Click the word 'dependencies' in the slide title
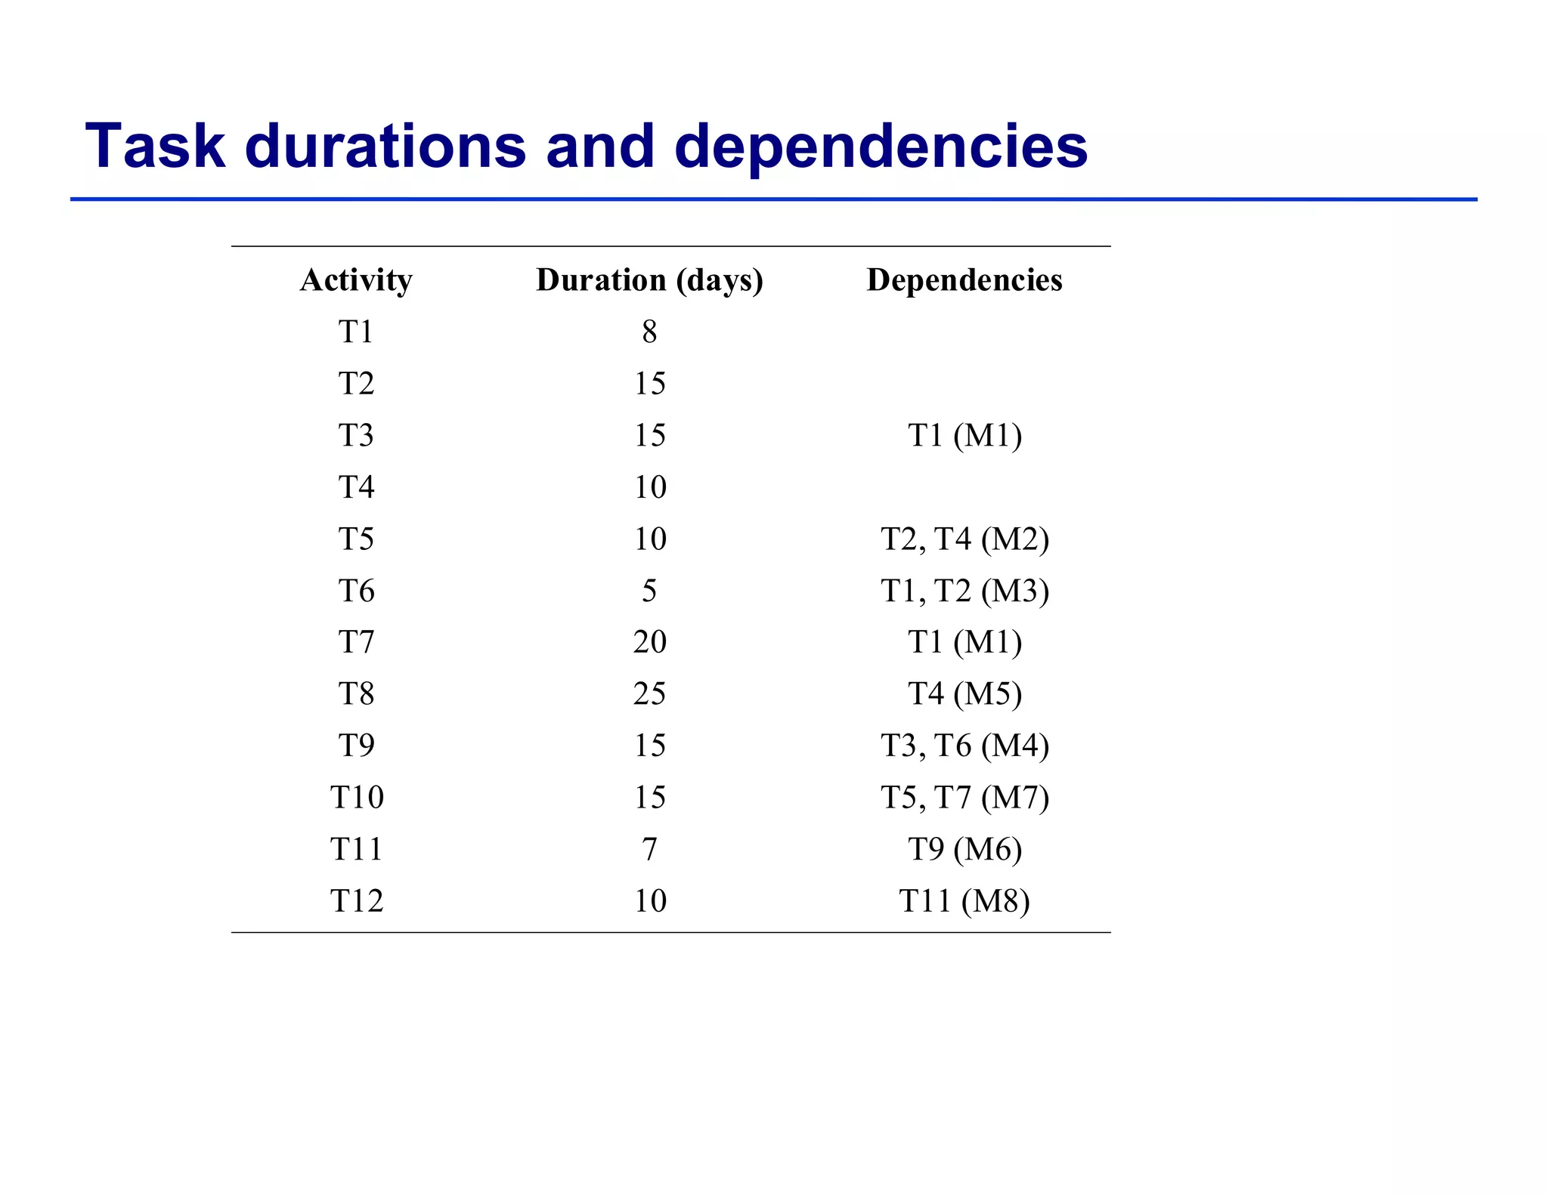click(x=881, y=147)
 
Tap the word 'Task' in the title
click(x=155, y=145)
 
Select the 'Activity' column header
click(x=356, y=280)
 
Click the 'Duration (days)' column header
click(x=649, y=280)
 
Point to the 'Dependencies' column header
click(x=964, y=280)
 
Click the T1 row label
click(x=356, y=332)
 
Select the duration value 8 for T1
click(x=649, y=332)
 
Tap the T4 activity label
click(x=356, y=487)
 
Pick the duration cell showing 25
click(x=649, y=693)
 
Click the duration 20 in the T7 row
click(x=649, y=642)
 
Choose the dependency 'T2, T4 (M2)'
click(x=964, y=539)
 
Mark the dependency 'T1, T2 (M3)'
click(x=964, y=591)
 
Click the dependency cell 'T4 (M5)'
click(x=964, y=693)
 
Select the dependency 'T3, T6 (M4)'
click(x=964, y=746)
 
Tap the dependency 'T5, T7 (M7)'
click(x=964, y=798)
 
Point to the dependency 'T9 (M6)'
click(x=964, y=849)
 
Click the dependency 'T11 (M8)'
click(x=964, y=900)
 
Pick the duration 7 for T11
click(x=649, y=849)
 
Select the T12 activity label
click(x=356, y=900)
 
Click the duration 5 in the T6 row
click(x=649, y=591)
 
